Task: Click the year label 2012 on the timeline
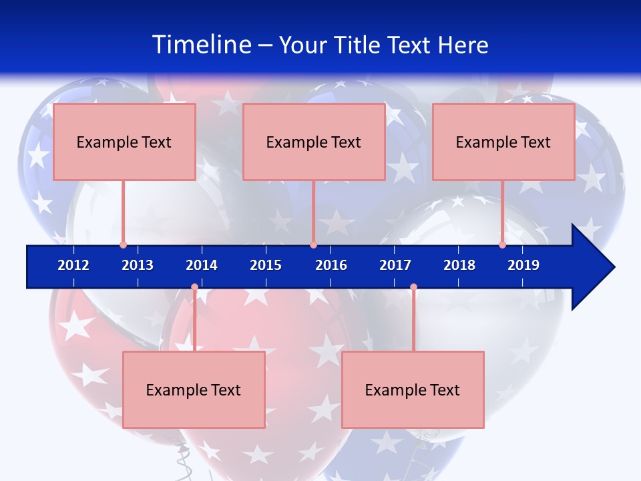73,265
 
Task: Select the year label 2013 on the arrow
138,265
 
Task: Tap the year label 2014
202,265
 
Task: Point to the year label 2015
266,265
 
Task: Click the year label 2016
331,265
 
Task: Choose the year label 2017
395,265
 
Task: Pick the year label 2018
459,265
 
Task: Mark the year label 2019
523,265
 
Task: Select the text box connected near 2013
124,142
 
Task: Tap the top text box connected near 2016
314,142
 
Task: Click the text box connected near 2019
503,142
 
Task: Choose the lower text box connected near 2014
194,389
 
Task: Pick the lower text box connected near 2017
413,389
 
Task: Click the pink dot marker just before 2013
123,245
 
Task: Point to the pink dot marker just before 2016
313,245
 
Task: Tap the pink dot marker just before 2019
502,245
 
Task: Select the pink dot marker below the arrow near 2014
194,287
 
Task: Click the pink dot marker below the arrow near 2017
413,287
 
